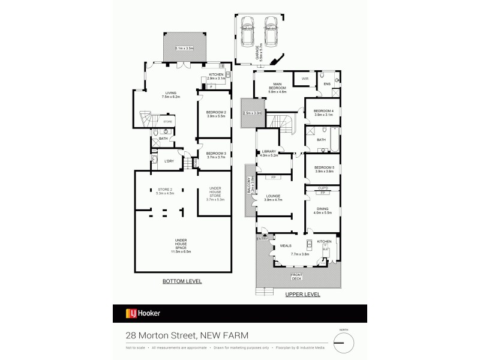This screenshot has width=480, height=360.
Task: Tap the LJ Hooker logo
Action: [142, 313]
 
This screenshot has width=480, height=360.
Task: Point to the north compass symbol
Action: [344, 343]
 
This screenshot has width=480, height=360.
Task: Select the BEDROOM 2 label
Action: [215, 113]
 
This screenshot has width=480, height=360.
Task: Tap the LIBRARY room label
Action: [268, 151]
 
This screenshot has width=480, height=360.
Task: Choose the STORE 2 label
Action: [164, 190]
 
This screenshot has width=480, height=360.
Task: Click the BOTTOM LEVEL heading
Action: [182, 281]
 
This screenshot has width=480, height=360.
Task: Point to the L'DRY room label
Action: [169, 161]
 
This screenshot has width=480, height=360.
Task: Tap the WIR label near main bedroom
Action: [304, 79]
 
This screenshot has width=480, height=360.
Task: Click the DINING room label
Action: [322, 208]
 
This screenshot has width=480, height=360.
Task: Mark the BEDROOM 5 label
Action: [323, 168]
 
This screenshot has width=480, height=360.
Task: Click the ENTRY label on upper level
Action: [262, 239]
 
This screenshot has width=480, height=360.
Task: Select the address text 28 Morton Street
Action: [161, 337]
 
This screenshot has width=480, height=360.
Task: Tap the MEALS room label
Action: [286, 245]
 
